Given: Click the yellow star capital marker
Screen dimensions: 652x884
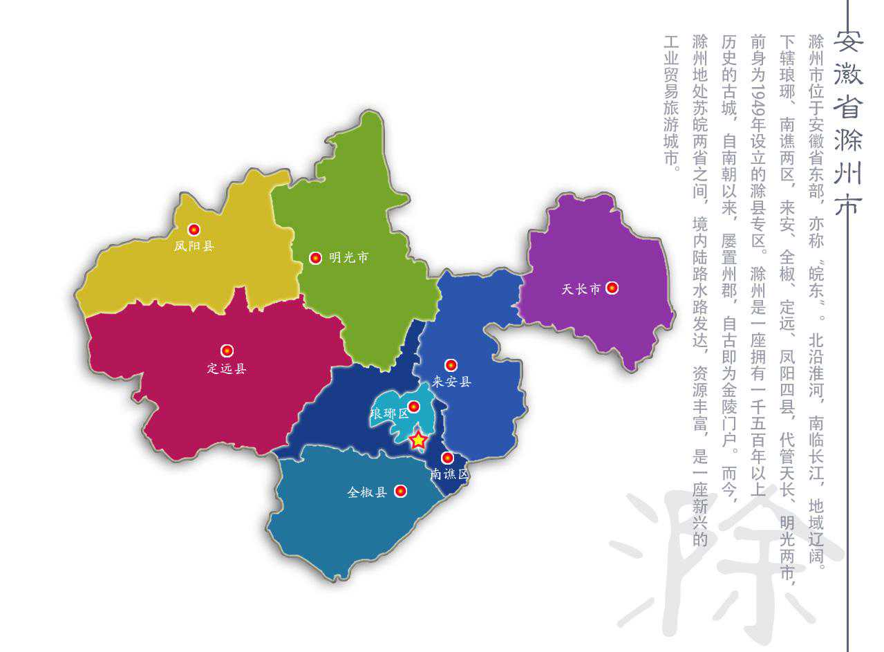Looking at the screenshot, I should (x=418, y=440).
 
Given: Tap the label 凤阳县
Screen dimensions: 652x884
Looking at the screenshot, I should (x=194, y=245).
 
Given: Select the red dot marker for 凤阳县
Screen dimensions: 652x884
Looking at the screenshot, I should (x=194, y=230).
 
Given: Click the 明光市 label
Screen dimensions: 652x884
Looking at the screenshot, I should (x=349, y=258).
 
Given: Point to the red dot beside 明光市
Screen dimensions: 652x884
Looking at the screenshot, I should (x=315, y=258).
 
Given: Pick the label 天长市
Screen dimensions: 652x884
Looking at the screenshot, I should (x=581, y=289).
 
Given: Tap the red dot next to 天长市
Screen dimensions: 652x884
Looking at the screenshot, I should (x=612, y=288).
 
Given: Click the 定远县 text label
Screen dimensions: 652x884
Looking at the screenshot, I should (x=227, y=369).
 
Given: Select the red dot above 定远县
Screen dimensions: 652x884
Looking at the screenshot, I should (x=227, y=351).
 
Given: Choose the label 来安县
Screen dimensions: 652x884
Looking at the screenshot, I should (x=451, y=382).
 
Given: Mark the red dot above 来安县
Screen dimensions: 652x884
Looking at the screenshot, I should (x=451, y=365).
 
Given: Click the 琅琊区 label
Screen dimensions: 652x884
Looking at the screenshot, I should (x=390, y=414).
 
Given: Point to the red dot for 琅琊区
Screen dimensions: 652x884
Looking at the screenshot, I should (x=413, y=407).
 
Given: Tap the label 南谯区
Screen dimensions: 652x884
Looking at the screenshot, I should (x=449, y=474).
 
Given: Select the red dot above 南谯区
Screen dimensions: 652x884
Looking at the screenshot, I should (x=447, y=458).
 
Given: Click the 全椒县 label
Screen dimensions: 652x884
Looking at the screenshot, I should (x=367, y=492).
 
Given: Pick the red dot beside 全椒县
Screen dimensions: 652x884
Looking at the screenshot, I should (x=400, y=492).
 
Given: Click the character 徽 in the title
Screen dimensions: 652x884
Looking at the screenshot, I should (x=847, y=72).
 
